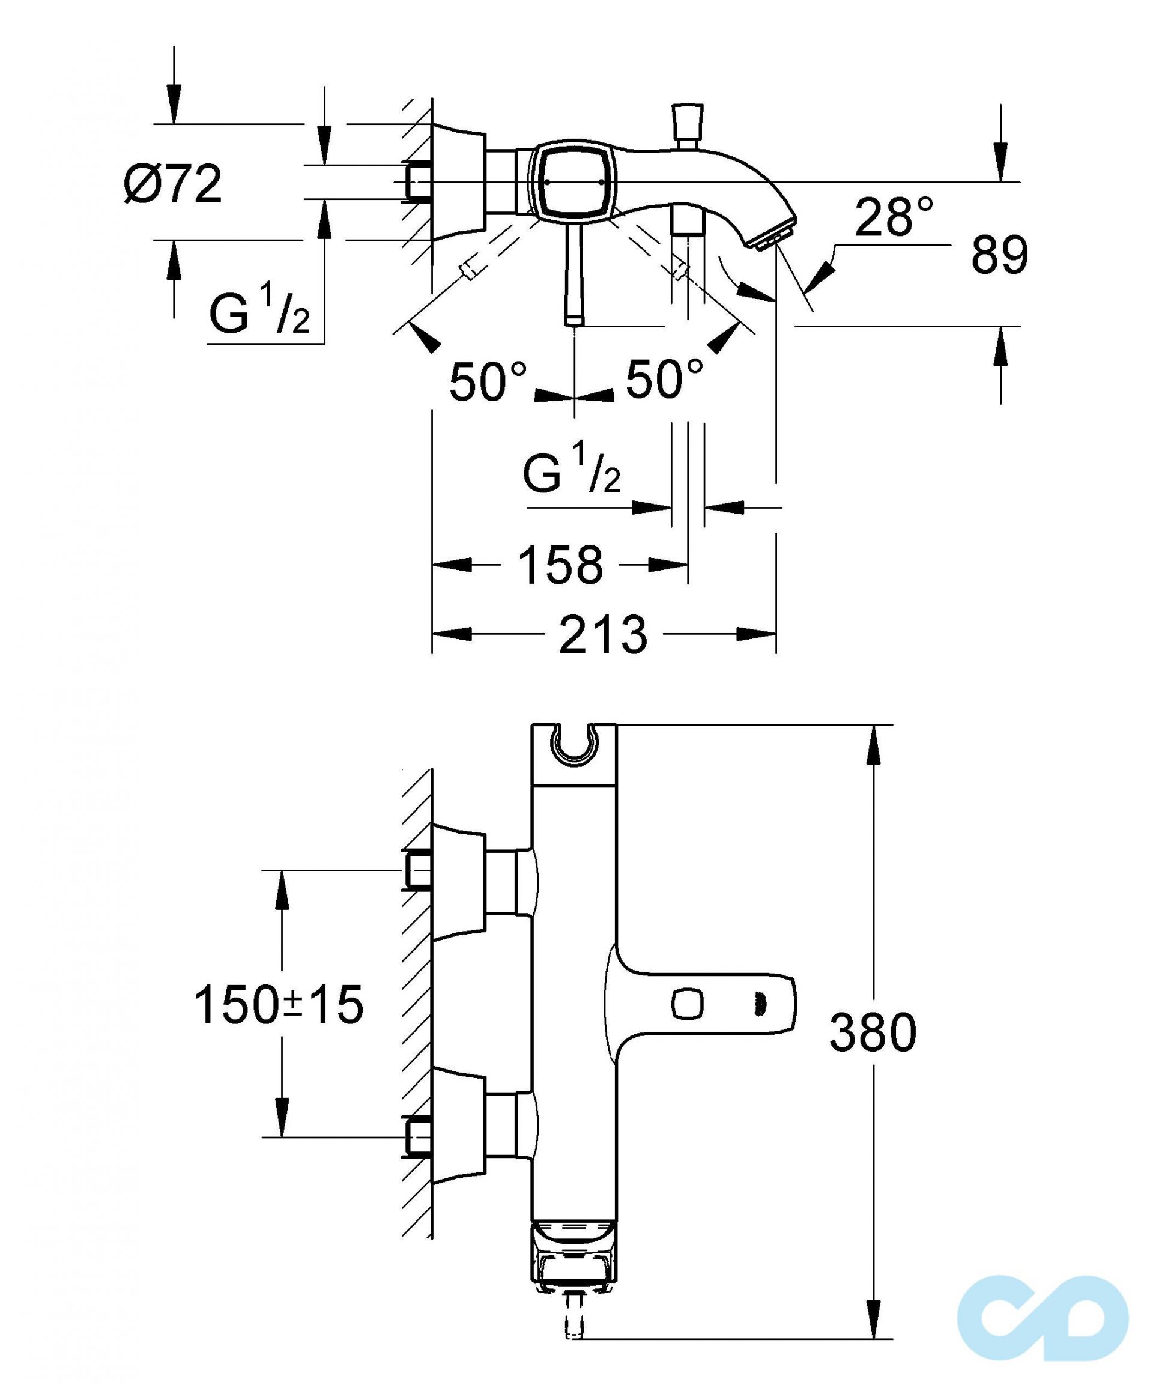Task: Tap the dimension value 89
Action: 999,255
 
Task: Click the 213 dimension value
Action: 603,635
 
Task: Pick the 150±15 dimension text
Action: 279,1004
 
